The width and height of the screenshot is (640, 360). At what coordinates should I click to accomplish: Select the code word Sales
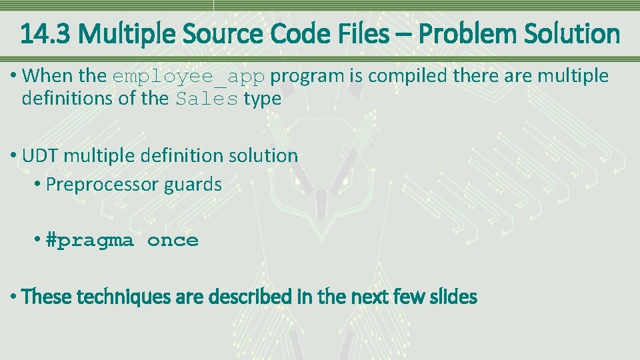(x=207, y=99)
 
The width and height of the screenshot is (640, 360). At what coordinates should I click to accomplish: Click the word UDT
(x=38, y=156)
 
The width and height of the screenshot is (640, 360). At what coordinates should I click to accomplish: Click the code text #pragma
(x=89, y=241)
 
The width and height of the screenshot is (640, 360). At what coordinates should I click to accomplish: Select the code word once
(x=173, y=241)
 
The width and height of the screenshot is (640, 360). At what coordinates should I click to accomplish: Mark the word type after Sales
(x=262, y=99)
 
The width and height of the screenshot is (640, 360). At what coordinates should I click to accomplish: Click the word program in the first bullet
(x=307, y=76)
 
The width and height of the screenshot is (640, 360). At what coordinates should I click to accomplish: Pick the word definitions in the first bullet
(x=61, y=99)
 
